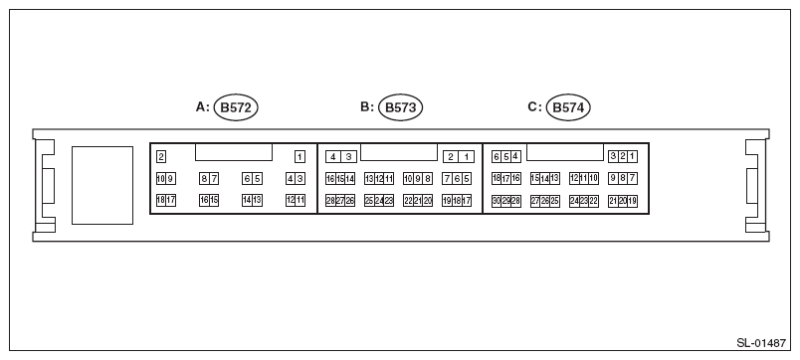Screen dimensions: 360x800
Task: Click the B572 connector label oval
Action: pos(237,106)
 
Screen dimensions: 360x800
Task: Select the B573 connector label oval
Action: pos(400,106)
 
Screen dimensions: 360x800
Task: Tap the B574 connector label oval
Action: pos(568,106)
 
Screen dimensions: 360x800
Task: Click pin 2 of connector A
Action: pos(160,156)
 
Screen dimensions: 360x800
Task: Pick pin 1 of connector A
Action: pos(300,156)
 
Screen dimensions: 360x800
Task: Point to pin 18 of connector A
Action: pos(160,200)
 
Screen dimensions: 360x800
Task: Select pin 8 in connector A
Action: pos(204,179)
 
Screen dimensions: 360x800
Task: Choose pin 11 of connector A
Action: pos(300,200)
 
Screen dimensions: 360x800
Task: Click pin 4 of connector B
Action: pos(332,156)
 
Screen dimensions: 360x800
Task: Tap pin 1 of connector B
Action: pos(467,156)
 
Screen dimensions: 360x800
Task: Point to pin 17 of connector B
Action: pos(467,201)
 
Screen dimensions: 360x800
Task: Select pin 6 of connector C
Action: pos(497,156)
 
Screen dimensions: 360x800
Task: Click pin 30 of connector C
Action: pos(496,201)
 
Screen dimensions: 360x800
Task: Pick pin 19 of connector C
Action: pos(632,201)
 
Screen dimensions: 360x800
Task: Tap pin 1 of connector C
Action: pos(632,156)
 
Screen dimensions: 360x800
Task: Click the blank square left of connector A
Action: pos(101,184)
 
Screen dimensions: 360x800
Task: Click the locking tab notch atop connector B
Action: pos(399,152)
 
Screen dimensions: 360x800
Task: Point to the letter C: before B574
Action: pos(533,106)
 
